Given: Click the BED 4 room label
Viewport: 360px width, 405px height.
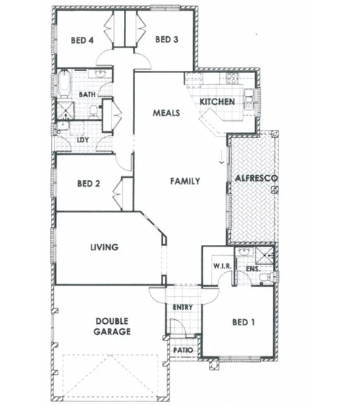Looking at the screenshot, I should pos(81,40).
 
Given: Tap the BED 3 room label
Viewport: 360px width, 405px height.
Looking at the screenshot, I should pos(167,40).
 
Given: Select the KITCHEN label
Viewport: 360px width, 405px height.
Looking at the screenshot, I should pos(217,100).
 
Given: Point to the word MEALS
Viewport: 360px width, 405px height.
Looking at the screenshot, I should pos(166,114).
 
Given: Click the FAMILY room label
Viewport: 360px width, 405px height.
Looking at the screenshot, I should pos(184,181).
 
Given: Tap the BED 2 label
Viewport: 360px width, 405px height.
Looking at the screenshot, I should pos(88,184).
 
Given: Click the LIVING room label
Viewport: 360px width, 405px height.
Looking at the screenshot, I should pos(104,247).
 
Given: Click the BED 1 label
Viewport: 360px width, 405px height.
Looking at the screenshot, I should pos(244,322).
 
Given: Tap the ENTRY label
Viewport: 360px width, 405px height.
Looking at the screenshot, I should pos(183,307).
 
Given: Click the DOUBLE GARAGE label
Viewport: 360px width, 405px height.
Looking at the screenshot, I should pos(112,326).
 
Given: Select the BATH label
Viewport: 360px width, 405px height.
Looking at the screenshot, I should pos(88,94).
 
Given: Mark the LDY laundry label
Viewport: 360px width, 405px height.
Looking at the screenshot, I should pos(83,139).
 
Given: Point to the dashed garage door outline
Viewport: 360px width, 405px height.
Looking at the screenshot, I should pos(112,373).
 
